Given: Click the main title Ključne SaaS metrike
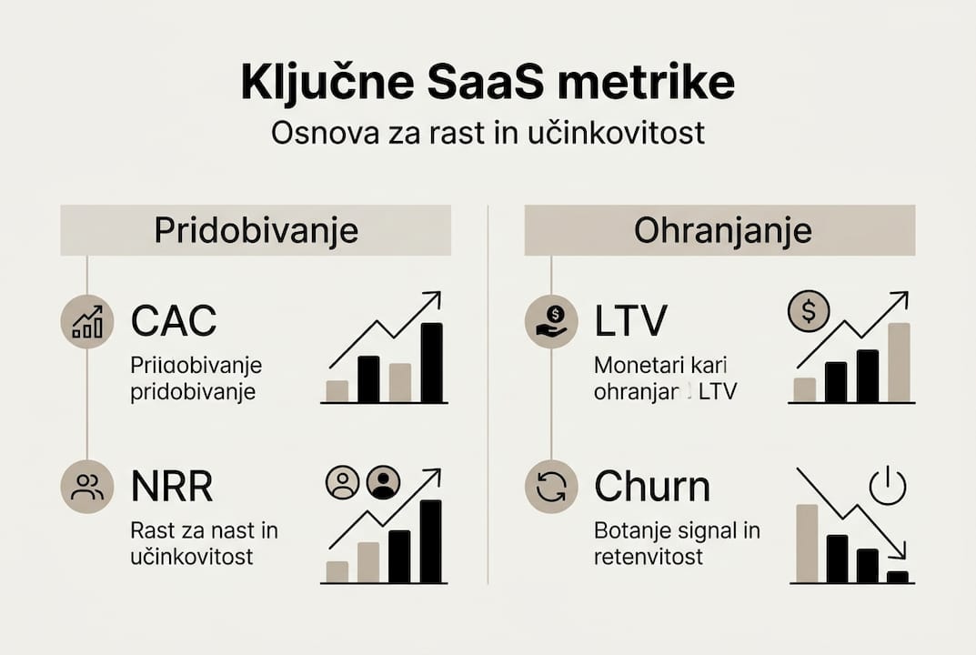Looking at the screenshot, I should pos(488,83).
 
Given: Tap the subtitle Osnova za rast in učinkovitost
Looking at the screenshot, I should pos(488,133).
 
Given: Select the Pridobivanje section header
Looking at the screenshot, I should pos(256,230).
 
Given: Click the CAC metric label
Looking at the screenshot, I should pos(174,320).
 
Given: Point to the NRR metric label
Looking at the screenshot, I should pos(172,488).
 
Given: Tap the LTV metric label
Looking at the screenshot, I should pos(630,320).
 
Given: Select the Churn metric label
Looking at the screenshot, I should pos(651,487).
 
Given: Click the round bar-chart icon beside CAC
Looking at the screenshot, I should pos(87,321).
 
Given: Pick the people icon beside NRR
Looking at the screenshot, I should pos(87,488).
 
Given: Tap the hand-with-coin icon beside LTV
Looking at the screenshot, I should pos(552,321).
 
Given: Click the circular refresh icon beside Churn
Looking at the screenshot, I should pos(552,488).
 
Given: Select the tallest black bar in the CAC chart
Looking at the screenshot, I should pos(432,362).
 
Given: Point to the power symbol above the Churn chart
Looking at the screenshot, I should pos(888,486).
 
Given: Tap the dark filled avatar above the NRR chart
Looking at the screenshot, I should pos(383,483).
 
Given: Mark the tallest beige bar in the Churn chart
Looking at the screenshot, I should pos(807,543).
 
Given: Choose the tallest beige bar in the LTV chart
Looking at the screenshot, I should pos(899,362).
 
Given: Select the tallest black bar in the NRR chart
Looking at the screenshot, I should pos(430,541).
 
